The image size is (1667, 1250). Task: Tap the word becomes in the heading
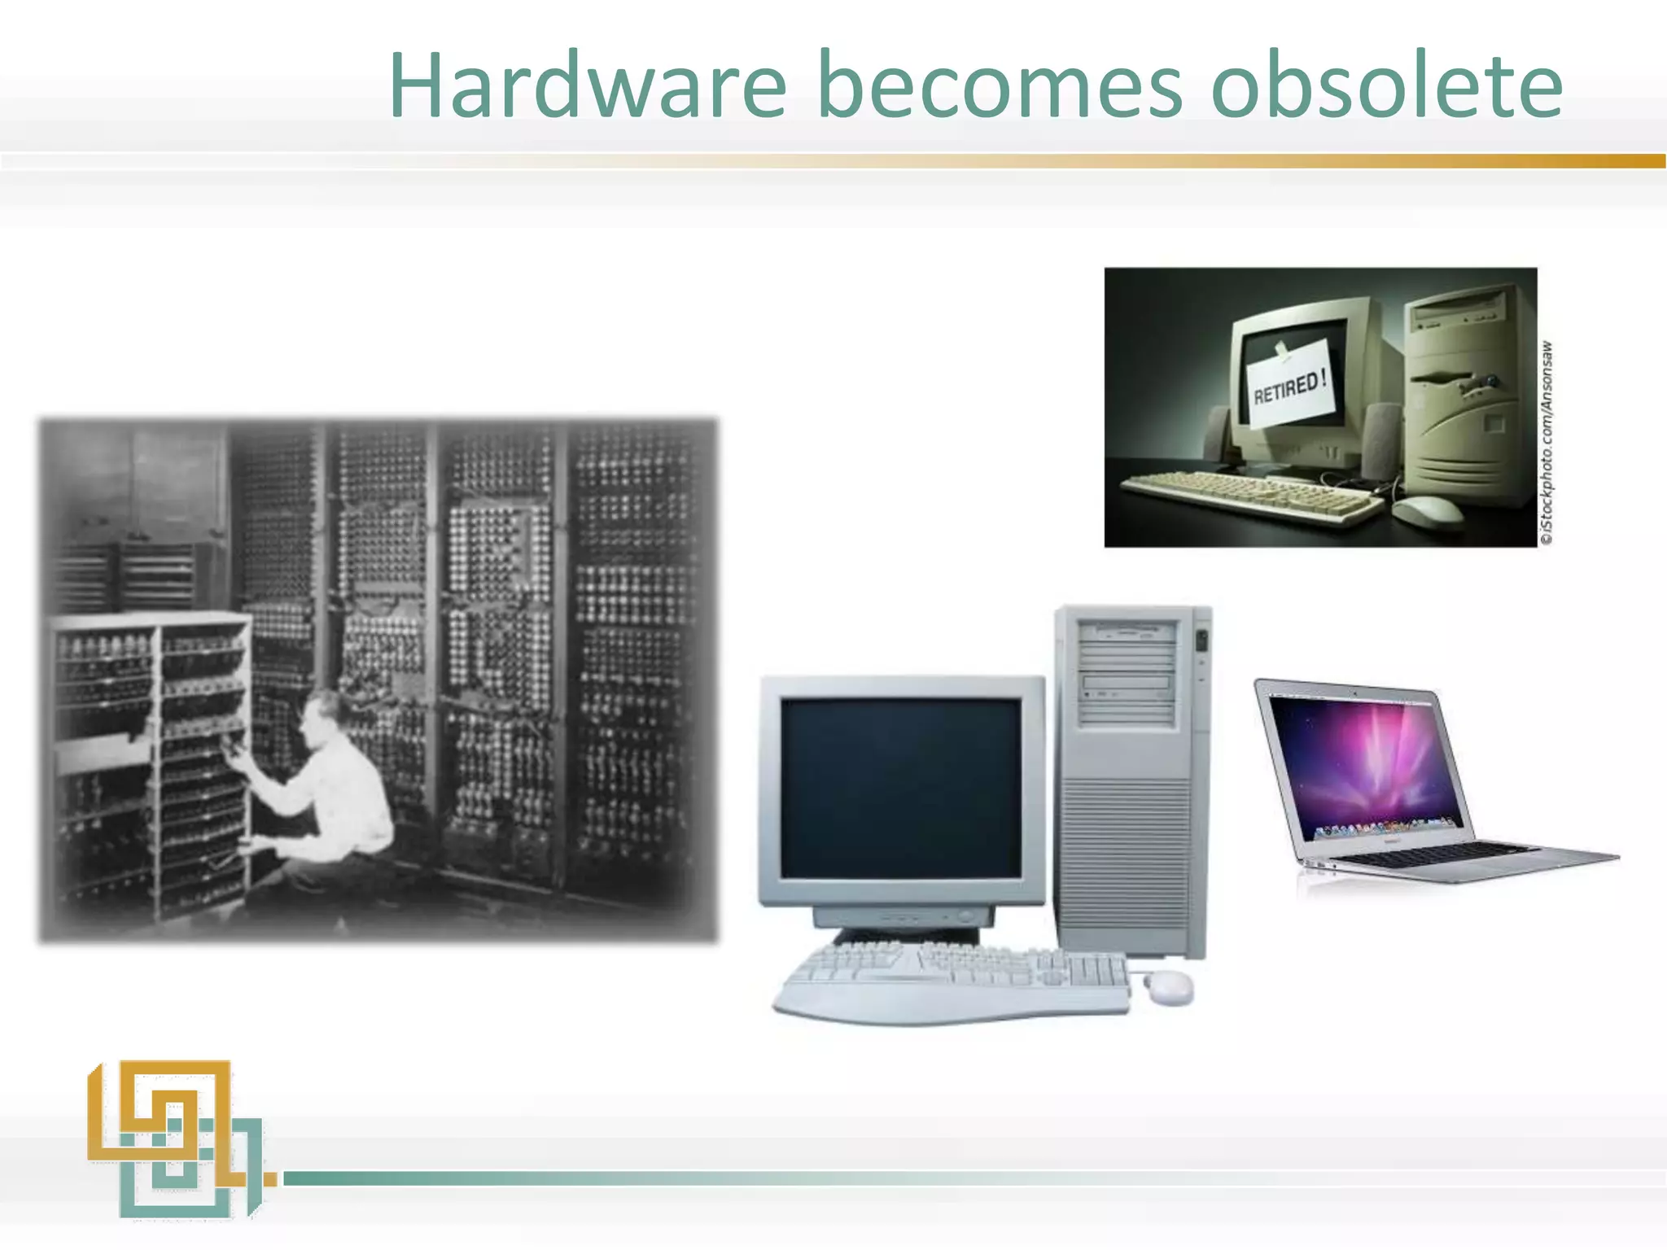point(999,85)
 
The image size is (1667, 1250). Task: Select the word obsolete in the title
point(1386,85)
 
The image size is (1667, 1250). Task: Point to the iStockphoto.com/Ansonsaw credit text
point(1547,444)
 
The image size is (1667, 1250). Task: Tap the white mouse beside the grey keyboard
point(1170,986)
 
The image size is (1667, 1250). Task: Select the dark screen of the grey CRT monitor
point(901,788)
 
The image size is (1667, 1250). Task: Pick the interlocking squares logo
point(175,1139)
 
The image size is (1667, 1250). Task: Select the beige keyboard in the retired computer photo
point(1249,492)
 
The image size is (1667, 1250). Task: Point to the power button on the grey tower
point(1201,643)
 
